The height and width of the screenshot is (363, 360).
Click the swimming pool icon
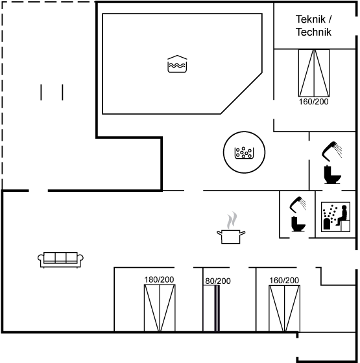click(x=177, y=64)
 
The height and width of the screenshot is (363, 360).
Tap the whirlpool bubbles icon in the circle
click(x=244, y=153)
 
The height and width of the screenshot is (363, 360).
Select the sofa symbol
click(x=61, y=260)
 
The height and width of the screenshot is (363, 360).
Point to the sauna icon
click(x=335, y=217)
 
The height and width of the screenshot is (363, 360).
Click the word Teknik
click(x=311, y=19)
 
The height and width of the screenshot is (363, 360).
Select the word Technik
click(x=314, y=32)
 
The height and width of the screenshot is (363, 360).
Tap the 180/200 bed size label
click(x=159, y=279)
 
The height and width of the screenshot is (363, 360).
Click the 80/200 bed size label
click(x=218, y=281)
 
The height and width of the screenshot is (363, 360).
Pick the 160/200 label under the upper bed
click(x=314, y=102)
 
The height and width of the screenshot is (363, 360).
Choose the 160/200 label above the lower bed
click(x=284, y=280)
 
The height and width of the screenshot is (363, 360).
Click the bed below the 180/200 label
click(x=160, y=308)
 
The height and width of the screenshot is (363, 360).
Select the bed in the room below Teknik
click(x=314, y=73)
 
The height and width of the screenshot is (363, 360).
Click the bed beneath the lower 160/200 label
click(x=285, y=309)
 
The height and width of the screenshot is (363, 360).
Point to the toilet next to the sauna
click(x=298, y=224)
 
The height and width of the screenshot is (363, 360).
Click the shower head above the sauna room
click(x=331, y=152)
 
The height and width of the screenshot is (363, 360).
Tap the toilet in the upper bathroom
click(x=332, y=174)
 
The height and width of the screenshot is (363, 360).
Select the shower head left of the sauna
click(x=298, y=205)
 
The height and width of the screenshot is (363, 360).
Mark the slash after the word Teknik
click(x=330, y=19)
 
